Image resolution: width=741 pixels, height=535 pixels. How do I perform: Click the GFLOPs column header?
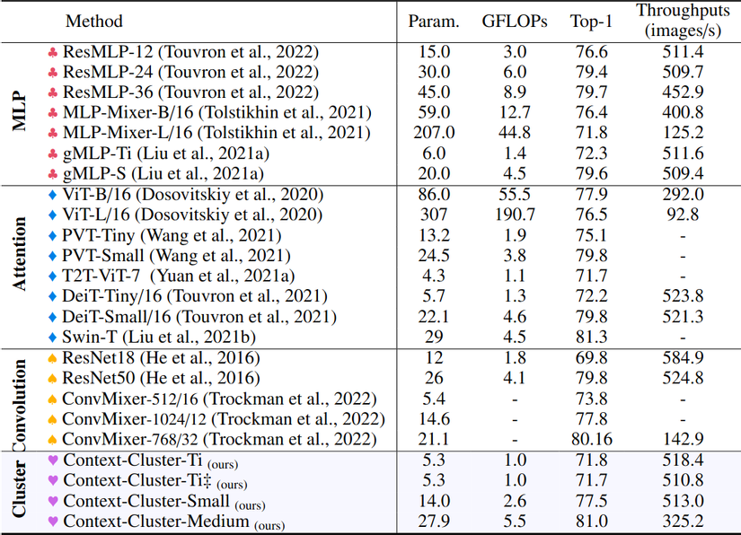514,21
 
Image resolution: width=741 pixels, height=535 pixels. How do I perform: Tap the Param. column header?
436,21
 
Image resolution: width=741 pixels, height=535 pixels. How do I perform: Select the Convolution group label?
20,399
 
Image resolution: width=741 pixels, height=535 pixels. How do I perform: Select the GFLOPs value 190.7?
514,215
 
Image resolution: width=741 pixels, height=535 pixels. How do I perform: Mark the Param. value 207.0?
436,133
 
